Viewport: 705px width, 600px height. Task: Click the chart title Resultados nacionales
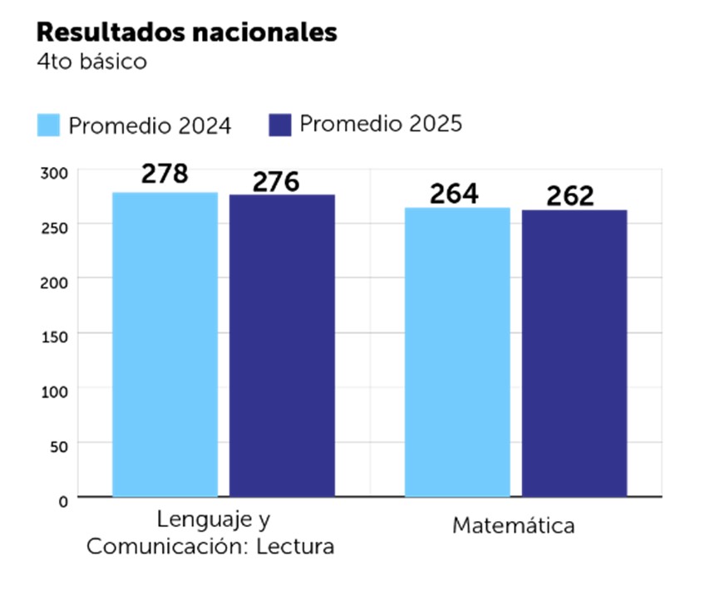pos(187,32)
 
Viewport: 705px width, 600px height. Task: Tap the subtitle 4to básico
pos(91,62)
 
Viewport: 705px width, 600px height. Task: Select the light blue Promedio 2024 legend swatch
pos(49,125)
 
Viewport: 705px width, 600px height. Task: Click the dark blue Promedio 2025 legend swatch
pos(279,125)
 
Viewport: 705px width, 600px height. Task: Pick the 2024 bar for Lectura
pos(165,344)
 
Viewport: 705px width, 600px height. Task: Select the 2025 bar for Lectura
pos(282,345)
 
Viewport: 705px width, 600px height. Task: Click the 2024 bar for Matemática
pos(457,352)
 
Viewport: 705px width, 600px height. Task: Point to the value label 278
pos(165,175)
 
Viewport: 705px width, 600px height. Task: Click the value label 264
pos(454,194)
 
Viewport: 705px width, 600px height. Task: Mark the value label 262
pos(570,196)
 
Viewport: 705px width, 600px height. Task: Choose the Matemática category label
pos(513,526)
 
